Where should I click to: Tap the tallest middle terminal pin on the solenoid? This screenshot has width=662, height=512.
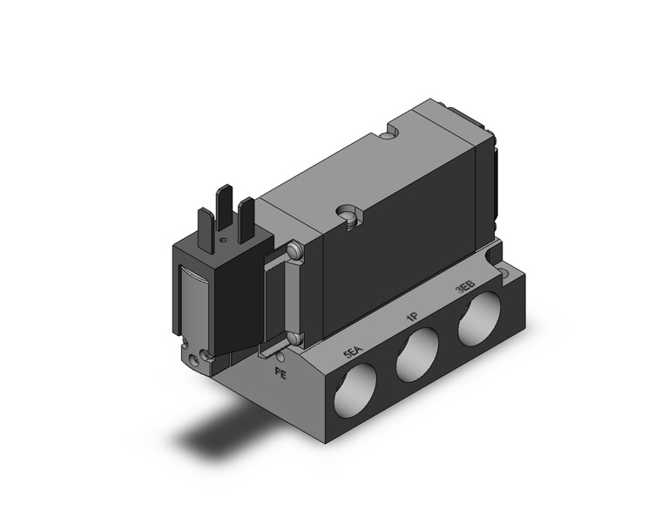coord(226,203)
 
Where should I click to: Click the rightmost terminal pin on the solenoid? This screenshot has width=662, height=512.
coord(247,217)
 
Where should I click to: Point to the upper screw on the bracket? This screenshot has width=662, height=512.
coord(295,251)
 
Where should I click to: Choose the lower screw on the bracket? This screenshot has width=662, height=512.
coord(294,338)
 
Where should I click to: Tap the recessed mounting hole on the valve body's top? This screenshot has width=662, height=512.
coord(349,216)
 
